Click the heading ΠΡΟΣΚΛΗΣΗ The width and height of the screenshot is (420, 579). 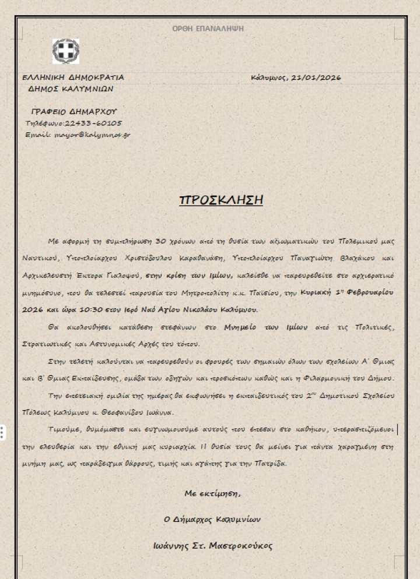221,200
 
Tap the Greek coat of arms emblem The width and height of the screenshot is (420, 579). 65,51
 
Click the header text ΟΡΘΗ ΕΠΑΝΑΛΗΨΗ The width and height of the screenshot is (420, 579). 208,29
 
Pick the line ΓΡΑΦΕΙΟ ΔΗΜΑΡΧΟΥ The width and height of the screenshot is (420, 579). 74,111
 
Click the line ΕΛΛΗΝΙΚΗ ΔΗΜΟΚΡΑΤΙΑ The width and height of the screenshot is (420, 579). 73,77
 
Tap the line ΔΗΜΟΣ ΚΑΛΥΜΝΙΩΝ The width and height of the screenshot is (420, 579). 71,89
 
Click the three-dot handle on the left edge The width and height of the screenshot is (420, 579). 3,432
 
